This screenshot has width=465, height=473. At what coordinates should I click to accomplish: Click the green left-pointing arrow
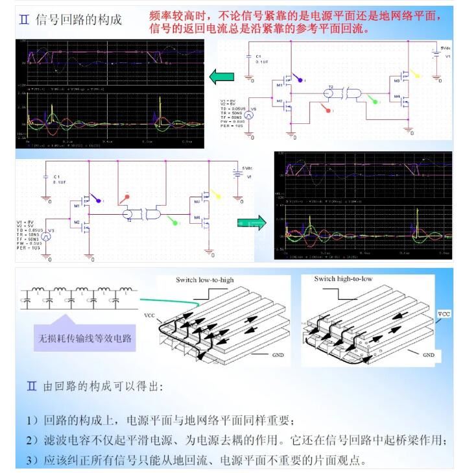(221, 77)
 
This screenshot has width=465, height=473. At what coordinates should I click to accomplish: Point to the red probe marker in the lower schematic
(127, 197)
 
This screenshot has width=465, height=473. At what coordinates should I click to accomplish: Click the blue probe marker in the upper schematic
(300, 79)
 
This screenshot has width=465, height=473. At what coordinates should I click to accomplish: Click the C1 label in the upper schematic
(259, 57)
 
